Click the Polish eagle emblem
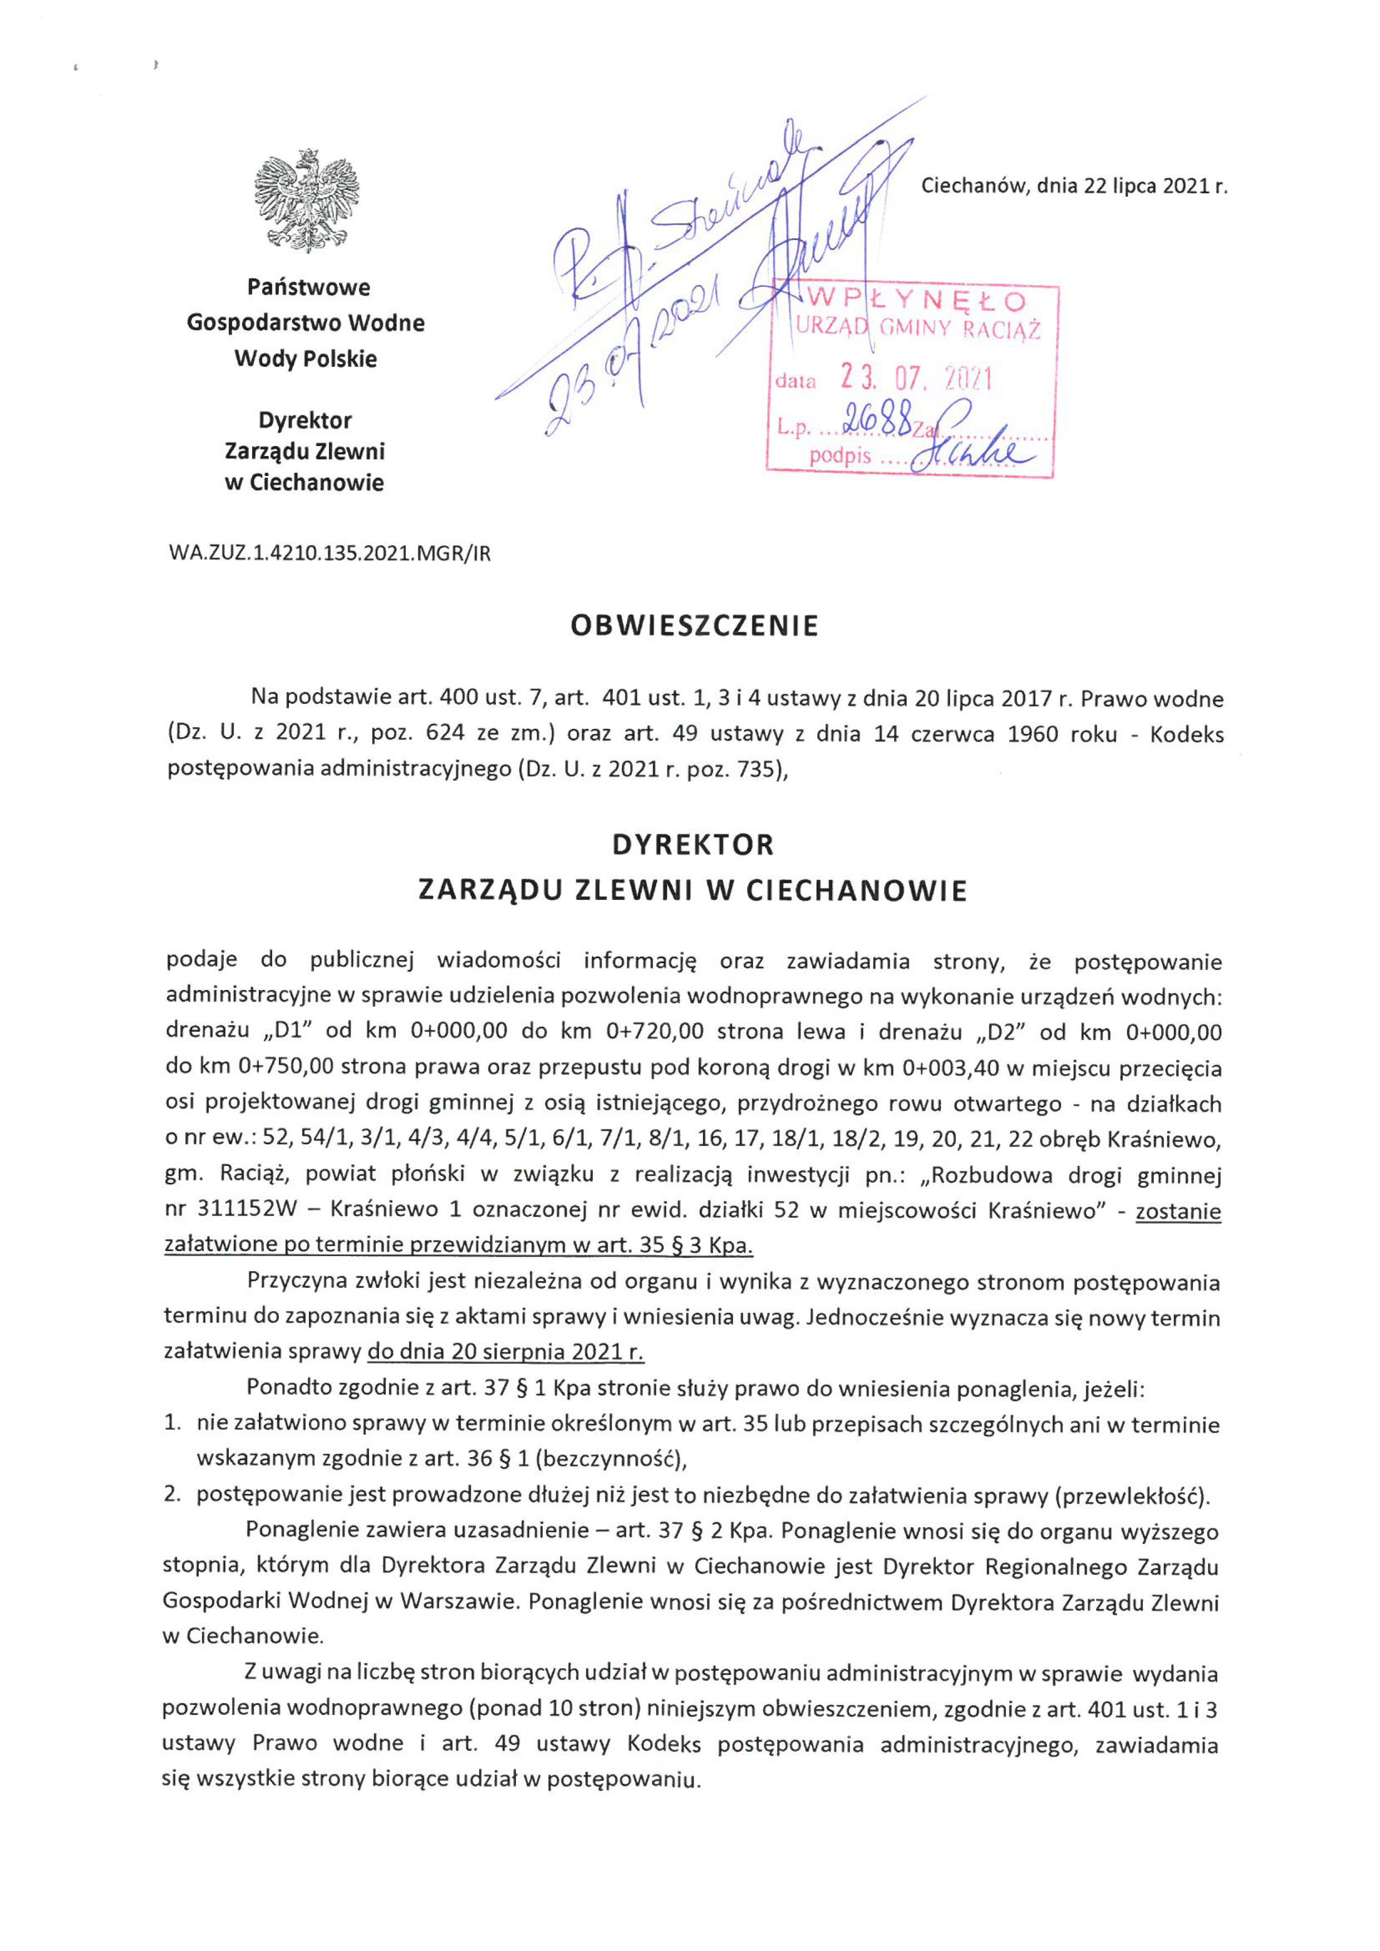pos(306,200)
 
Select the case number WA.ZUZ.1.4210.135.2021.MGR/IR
pos(330,554)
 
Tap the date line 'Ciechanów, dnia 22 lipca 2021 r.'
pos(1074,186)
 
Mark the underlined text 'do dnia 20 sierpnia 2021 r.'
pos(505,1351)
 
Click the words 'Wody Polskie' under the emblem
pos(306,359)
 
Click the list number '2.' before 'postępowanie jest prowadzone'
pos(173,1494)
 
